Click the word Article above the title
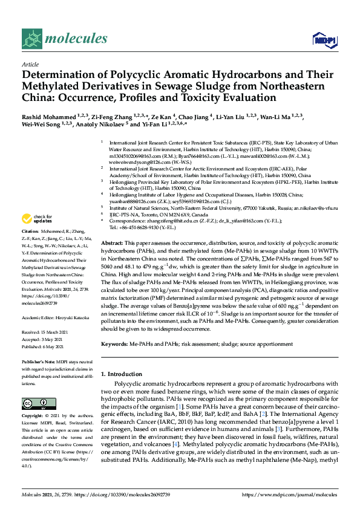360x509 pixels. (x=30, y=64)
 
